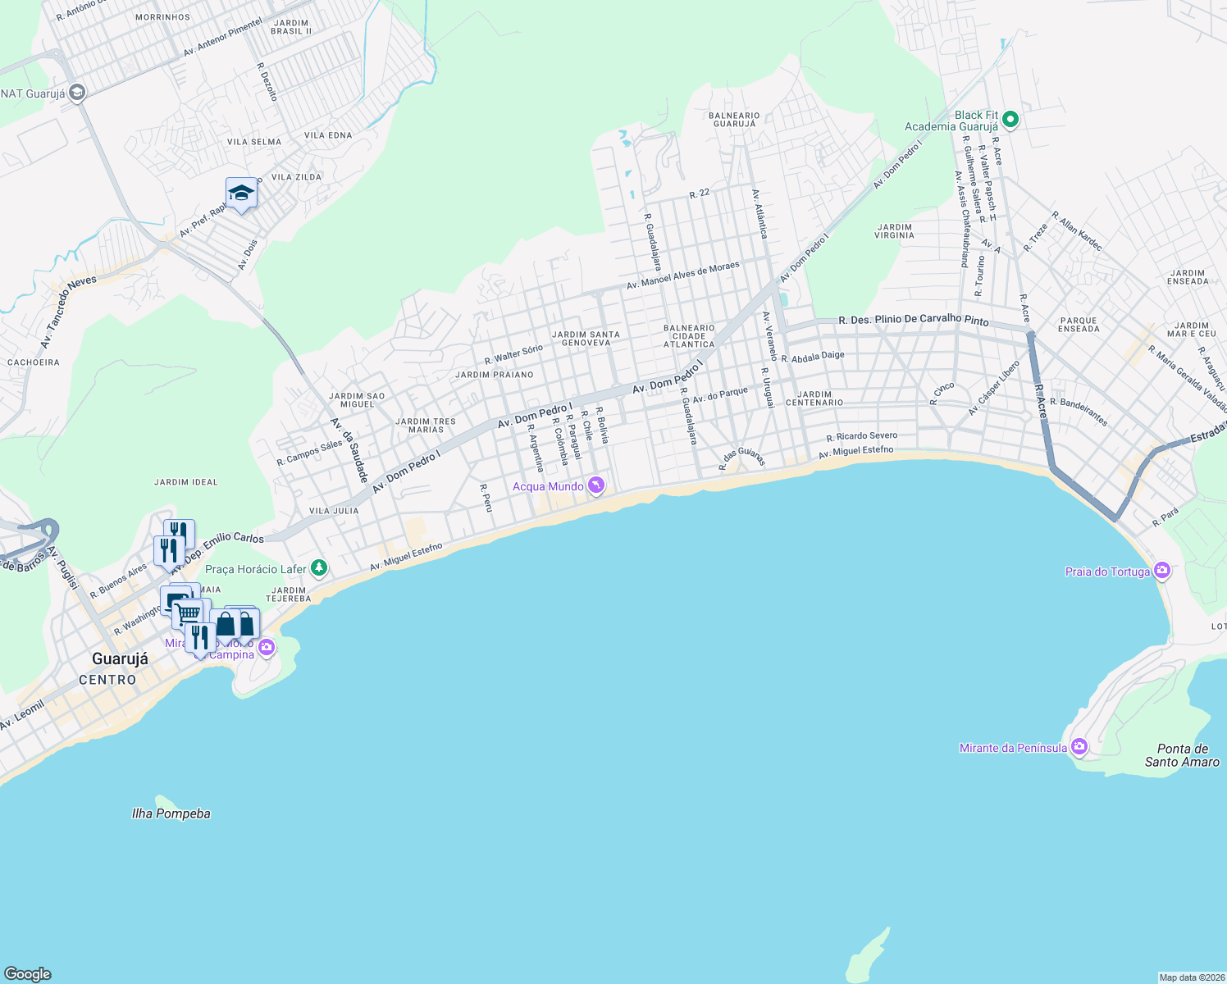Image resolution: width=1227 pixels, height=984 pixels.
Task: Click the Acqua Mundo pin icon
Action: (x=596, y=485)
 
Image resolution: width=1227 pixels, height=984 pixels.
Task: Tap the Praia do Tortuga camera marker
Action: (x=1161, y=571)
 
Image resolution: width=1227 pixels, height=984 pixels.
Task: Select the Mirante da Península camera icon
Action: (x=1079, y=746)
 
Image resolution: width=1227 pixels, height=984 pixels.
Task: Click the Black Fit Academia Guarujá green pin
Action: (x=1010, y=120)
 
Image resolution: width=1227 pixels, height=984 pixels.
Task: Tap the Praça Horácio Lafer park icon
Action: (x=319, y=567)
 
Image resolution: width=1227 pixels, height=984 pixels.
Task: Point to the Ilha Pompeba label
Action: (x=171, y=813)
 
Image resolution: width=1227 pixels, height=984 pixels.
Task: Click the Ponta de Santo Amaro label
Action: (x=1182, y=755)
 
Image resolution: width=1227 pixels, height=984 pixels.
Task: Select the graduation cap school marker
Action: (x=241, y=194)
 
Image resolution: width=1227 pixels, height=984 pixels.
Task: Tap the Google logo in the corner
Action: (x=28, y=973)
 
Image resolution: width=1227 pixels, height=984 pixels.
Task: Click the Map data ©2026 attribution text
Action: (x=1189, y=977)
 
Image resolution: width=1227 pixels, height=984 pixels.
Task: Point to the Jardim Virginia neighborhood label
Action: (x=894, y=231)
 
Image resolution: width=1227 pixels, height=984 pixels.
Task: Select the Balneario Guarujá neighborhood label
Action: (x=734, y=120)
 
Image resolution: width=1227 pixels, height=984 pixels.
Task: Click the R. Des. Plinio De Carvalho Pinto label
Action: (x=913, y=321)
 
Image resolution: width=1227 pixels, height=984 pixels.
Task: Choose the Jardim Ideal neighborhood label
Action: (x=186, y=482)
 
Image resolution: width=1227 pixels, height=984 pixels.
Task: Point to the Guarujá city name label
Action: (x=120, y=659)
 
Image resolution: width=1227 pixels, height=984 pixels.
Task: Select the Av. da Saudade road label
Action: (x=349, y=449)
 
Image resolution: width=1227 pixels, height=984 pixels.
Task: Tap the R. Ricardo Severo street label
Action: (x=862, y=436)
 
